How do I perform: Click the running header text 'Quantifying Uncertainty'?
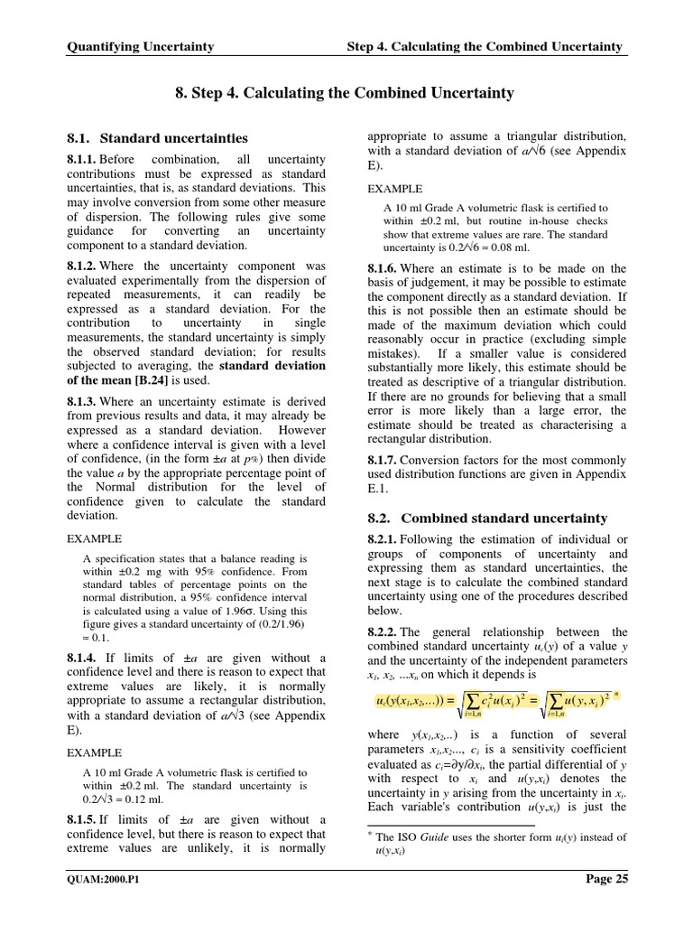click(141, 46)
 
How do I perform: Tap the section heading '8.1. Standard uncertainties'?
click(159, 138)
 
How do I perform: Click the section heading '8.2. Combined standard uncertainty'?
click(488, 518)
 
